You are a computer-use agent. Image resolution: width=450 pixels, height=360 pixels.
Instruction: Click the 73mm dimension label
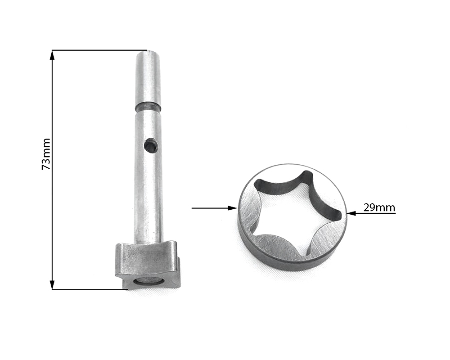pyautogui.click(x=46, y=154)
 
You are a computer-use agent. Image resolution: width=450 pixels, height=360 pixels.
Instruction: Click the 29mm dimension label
pyautogui.click(x=379, y=207)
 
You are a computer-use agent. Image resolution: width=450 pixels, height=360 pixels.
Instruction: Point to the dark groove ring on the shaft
pyautogui.click(x=148, y=107)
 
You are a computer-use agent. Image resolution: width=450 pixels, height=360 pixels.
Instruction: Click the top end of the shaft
pyautogui.click(x=148, y=52)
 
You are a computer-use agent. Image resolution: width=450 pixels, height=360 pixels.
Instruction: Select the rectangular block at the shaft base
pyautogui.click(x=148, y=265)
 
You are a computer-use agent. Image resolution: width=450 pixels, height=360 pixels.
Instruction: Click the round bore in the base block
pyautogui.click(x=148, y=282)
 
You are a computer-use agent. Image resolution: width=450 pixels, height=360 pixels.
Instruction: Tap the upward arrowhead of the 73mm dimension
pyautogui.click(x=52, y=55)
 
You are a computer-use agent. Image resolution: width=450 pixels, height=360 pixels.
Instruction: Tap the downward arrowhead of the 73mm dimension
pyautogui.click(x=52, y=285)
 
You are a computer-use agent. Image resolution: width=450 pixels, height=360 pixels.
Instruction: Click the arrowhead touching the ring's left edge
pyautogui.click(x=233, y=208)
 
